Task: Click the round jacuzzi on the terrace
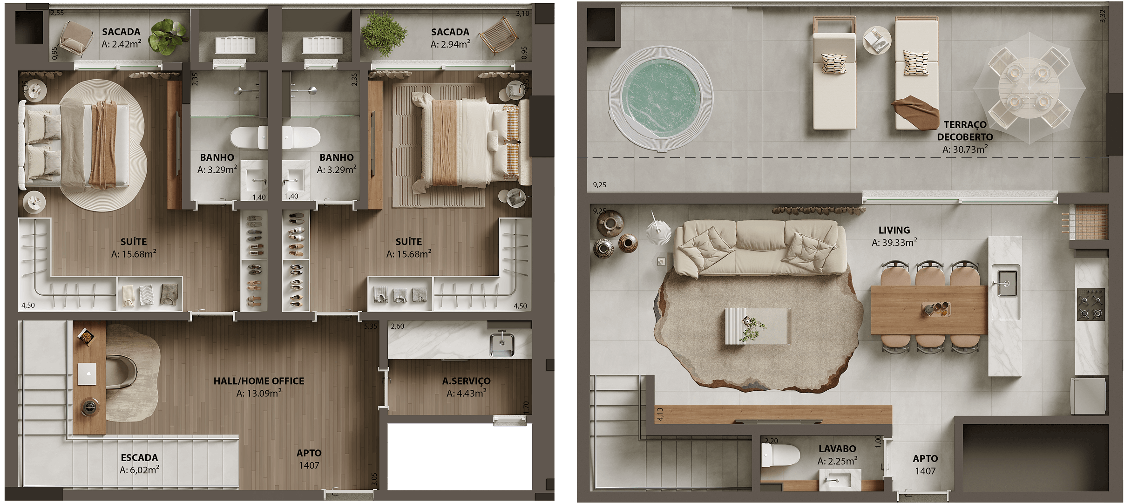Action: click(661, 98)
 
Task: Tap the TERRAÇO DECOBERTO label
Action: click(965, 131)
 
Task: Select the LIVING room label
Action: click(894, 230)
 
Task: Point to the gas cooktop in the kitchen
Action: click(1091, 305)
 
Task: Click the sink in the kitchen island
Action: click(1006, 281)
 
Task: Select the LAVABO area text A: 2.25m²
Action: click(837, 461)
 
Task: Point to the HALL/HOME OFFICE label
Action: click(259, 381)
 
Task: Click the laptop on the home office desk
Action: click(87, 374)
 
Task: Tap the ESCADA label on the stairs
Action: click(139, 458)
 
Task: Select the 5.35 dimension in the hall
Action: click(371, 326)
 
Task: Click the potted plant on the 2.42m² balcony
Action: click(168, 36)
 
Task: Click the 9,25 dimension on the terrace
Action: click(600, 185)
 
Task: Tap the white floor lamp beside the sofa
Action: click(658, 230)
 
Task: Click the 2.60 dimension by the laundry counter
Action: click(398, 326)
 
